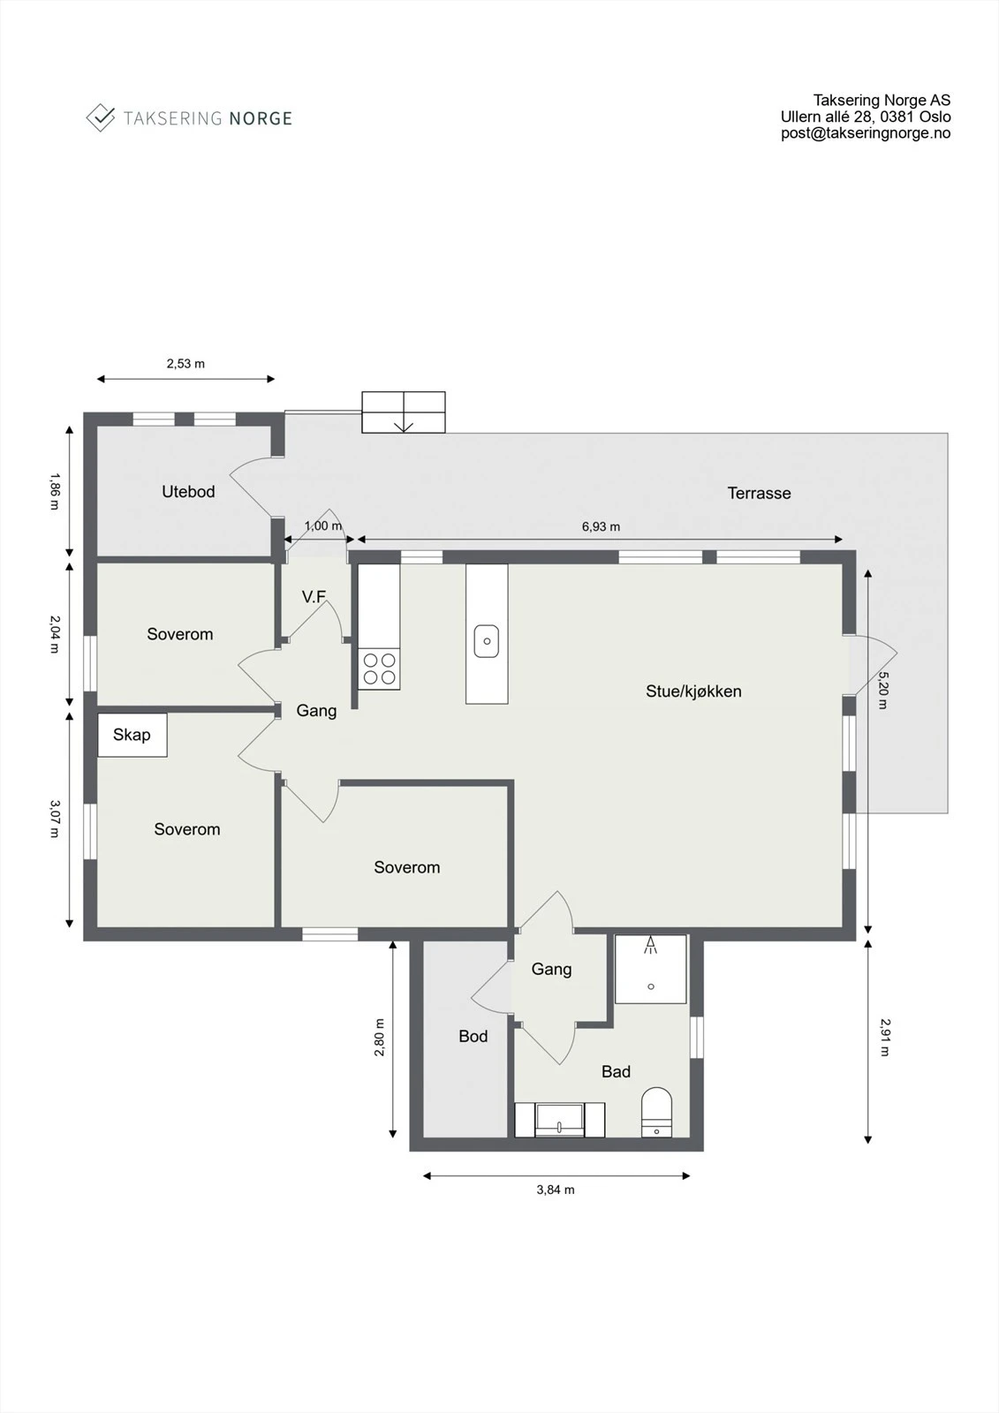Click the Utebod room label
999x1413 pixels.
188,492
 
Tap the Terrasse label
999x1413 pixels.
759,494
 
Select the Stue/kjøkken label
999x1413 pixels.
693,691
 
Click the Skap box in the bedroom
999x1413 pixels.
132,735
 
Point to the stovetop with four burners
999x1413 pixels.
379,669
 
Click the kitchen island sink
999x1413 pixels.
487,641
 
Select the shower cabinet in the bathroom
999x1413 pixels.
651,969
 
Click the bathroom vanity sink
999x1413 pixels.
559,1120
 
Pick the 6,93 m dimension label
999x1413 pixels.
601,526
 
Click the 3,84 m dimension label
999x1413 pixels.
556,1190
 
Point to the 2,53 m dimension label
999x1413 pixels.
185,363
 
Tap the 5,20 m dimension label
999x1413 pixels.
882,691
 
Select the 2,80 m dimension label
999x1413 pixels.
380,1038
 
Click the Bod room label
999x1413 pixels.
473,1037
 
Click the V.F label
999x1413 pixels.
314,597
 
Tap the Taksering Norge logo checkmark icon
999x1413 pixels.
100,117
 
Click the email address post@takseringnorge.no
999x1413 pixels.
866,133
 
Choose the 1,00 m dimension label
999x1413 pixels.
322,525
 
